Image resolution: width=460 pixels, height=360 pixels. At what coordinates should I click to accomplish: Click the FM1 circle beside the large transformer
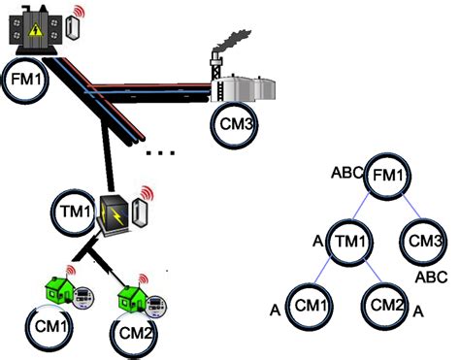tap(25, 59)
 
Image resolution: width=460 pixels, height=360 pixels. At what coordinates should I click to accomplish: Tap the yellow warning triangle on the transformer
tap(33, 30)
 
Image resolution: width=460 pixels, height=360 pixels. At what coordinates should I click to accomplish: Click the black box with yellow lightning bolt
tap(115, 213)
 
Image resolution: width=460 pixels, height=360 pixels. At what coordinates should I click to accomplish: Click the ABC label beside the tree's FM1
tap(347, 173)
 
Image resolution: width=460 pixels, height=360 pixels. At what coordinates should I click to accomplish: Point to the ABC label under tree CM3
tap(431, 277)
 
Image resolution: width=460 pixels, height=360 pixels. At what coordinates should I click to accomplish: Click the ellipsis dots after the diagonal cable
tap(161, 152)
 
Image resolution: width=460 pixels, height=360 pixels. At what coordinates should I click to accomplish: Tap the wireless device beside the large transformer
tap(73, 27)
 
